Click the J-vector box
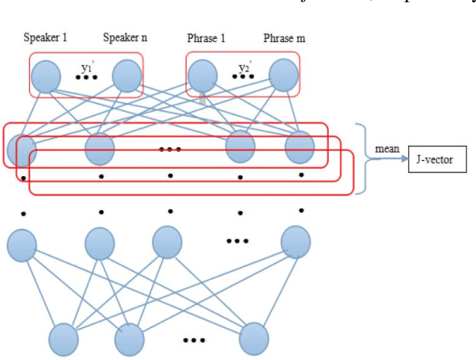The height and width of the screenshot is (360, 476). (436, 158)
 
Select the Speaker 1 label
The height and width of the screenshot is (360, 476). (45, 38)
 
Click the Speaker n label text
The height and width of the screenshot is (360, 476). (125, 38)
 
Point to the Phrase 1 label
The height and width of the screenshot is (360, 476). (208, 38)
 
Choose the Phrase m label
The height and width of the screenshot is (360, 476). (284, 38)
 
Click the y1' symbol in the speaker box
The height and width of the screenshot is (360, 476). (87, 67)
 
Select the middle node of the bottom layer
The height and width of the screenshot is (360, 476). (130, 338)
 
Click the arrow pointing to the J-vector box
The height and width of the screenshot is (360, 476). (397, 158)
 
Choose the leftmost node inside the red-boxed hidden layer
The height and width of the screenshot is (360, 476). (22, 147)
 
